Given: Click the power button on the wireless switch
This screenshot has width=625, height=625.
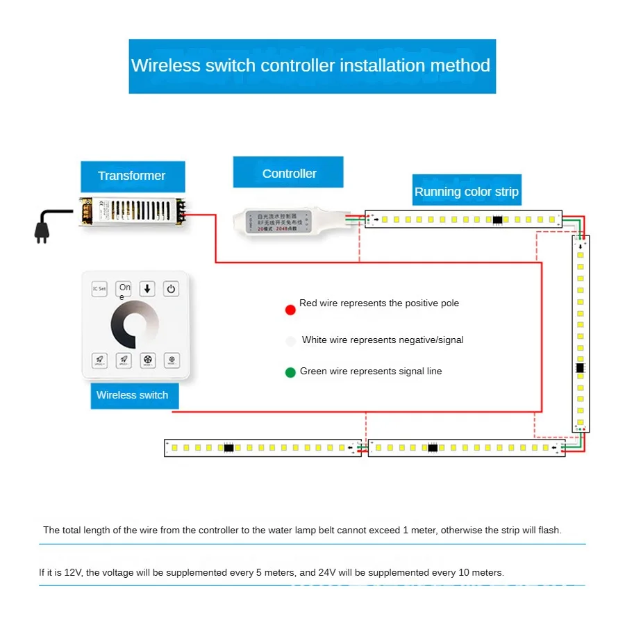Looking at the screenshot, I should (171, 289).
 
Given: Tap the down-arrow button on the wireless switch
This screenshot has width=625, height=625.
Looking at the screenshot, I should (147, 289).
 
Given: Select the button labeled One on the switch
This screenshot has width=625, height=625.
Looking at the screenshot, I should (124, 289).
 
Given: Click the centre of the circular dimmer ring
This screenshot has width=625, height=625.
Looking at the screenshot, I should (135, 325).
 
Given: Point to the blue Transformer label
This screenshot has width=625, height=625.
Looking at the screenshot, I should (132, 176).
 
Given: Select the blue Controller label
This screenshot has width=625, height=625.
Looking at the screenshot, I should (289, 174).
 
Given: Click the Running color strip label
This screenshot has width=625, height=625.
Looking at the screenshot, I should (466, 191).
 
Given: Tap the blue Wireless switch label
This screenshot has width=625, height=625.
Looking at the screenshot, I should (133, 395).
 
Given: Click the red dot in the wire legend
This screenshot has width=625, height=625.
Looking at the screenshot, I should (290, 310).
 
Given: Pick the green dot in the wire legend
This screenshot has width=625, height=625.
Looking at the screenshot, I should (290, 372).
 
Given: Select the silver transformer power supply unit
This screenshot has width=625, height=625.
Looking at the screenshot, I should (131, 212).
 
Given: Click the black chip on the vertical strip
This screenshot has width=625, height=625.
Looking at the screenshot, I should (580, 367).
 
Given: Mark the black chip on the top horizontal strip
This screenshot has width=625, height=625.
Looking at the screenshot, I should (497, 219).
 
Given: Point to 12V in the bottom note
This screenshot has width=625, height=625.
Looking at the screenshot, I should (72, 573).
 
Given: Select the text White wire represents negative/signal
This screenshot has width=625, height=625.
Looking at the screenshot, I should (383, 340).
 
